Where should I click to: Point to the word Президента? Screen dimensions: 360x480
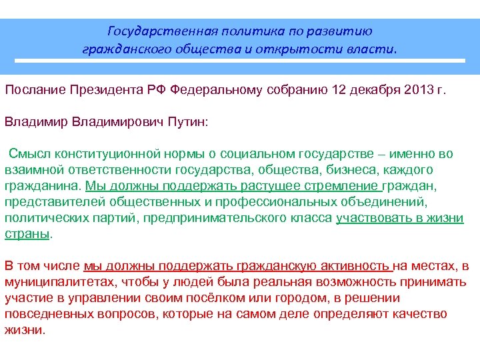point(104,91)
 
